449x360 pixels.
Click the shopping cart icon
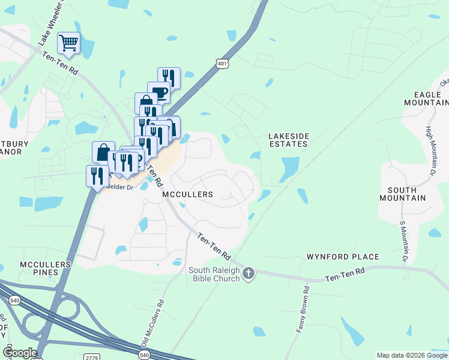coord(69,43)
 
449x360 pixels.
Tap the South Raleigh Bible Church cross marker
coord(249,274)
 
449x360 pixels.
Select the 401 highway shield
coord(223,63)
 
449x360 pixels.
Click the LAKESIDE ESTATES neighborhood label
coord(288,140)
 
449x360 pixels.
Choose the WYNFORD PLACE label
coord(343,257)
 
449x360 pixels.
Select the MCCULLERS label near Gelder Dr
coord(187,195)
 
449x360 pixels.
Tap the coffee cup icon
coord(159,92)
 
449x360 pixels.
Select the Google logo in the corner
coord(20,353)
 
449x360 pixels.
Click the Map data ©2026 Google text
coord(412,355)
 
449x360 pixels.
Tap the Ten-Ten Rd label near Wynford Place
coord(345,278)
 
